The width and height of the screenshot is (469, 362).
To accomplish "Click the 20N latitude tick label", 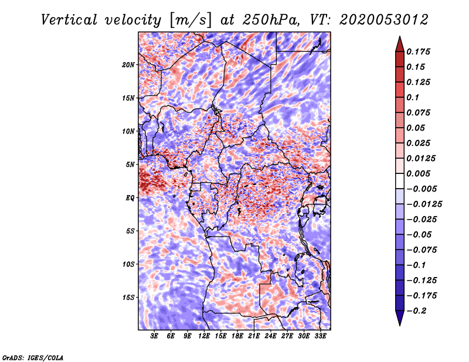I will click(129, 64).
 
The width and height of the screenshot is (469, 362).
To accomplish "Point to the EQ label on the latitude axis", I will click(131, 198).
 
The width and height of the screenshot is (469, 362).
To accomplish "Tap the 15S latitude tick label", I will click(129, 298).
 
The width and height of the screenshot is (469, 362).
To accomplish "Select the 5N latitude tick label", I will click(131, 165).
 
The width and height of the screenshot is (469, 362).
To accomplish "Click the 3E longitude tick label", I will click(155, 336).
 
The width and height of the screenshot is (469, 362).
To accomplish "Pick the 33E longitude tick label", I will click(320, 336).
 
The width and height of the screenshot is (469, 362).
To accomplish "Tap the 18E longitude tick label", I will click(237, 336).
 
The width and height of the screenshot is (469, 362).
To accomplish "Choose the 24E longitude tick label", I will click(270, 336).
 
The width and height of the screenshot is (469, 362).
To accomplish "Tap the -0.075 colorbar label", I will click(422, 250).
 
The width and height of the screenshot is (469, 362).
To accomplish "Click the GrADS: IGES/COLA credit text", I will click(32, 357).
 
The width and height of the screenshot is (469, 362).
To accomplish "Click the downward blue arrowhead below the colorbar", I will click(399, 319).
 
